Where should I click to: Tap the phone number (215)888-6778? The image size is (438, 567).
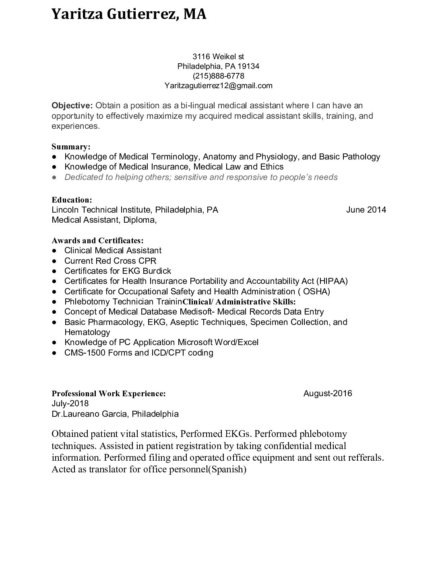point(218,76)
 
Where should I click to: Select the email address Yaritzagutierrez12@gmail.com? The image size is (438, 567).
point(218,85)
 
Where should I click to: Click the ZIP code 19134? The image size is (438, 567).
point(248,66)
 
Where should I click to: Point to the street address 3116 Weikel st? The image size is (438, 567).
point(218,56)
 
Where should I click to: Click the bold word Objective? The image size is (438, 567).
point(72,106)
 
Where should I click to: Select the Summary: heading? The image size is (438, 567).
point(71,147)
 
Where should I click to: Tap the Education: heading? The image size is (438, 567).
point(72,200)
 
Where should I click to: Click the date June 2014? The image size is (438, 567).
point(366,210)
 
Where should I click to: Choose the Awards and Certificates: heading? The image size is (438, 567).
point(97,241)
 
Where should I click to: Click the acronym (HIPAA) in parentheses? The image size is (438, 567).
point(332,281)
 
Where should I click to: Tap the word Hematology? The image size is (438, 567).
point(87,332)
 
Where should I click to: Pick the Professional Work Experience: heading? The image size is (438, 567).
point(108,393)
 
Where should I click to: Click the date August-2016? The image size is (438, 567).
point(327,393)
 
